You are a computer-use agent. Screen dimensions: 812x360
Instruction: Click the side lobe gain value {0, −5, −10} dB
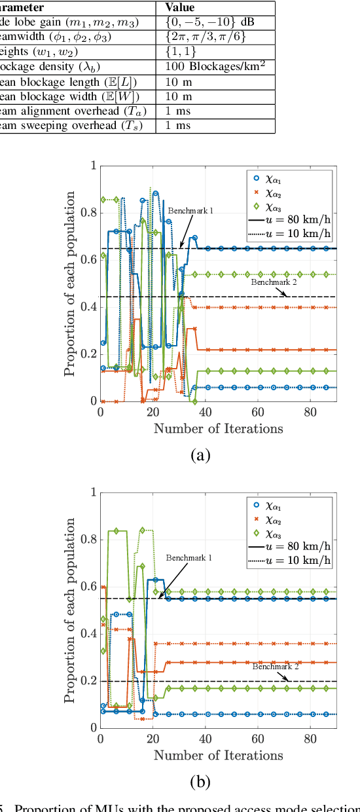click(x=209, y=22)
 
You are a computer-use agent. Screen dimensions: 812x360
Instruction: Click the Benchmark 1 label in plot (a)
click(x=190, y=211)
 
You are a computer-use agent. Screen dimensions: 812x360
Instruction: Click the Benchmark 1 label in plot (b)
click(x=188, y=557)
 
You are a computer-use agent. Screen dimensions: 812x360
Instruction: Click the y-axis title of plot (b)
click(x=70, y=610)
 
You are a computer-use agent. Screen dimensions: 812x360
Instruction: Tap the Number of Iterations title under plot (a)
click(x=218, y=429)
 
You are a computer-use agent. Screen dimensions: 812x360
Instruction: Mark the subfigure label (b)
click(x=200, y=782)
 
